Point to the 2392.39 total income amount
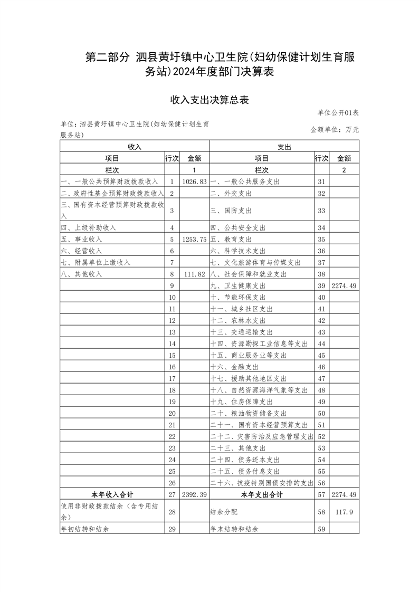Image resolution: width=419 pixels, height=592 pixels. (x=194, y=495)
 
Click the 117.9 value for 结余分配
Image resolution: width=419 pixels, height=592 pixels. (x=344, y=512)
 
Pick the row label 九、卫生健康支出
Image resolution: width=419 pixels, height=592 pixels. (x=237, y=286)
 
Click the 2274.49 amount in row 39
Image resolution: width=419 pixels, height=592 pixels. (x=344, y=286)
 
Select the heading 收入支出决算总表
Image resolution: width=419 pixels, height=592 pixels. (x=209, y=99)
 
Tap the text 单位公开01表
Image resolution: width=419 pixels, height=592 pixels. (x=338, y=113)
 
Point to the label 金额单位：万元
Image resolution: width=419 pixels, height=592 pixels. (x=335, y=129)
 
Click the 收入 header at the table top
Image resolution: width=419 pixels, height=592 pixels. (x=135, y=146)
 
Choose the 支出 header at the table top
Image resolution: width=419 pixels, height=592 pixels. (x=284, y=146)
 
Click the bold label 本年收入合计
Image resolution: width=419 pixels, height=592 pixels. (x=112, y=495)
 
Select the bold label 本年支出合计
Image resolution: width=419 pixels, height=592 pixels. (x=262, y=495)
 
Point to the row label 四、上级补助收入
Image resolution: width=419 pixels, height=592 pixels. (x=89, y=228)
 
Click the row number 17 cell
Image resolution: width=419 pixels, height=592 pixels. (x=172, y=379)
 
